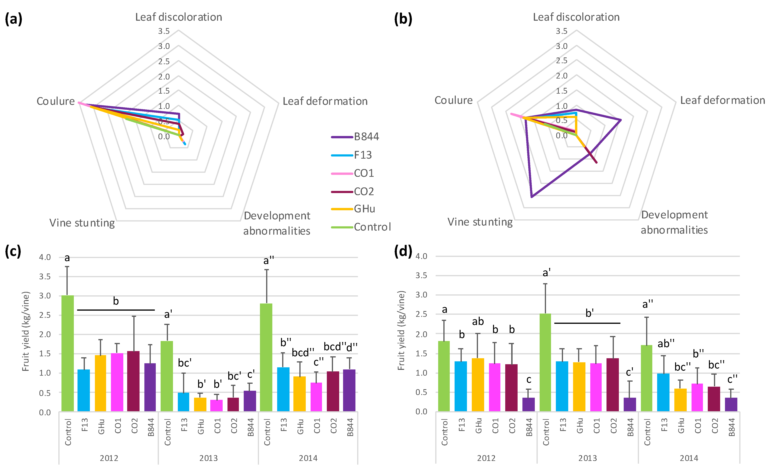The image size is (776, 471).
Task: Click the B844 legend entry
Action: pyautogui.click(x=366, y=137)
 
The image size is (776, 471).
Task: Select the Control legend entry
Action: pyautogui.click(x=372, y=227)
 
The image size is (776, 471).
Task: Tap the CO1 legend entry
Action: pyautogui.click(x=364, y=173)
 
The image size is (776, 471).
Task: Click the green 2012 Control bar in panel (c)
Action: pyautogui.click(x=67, y=353)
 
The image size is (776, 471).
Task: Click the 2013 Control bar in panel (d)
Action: pyautogui.click(x=545, y=362)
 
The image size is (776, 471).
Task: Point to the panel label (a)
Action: pyautogui.click(x=14, y=19)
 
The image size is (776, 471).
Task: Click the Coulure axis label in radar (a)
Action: pyautogui.click(x=56, y=101)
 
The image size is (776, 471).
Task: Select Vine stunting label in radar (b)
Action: pyautogui.click(x=480, y=222)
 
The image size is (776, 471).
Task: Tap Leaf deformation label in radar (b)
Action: pyautogui.click(x=722, y=100)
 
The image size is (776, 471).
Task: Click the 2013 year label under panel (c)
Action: pyautogui.click(x=209, y=458)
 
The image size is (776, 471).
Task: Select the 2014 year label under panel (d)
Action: pyautogui.click(x=689, y=458)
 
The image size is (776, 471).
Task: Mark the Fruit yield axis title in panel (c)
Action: pyautogui.click(x=26, y=331)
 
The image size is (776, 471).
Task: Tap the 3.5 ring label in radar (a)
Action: pyautogui.click(x=164, y=31)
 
